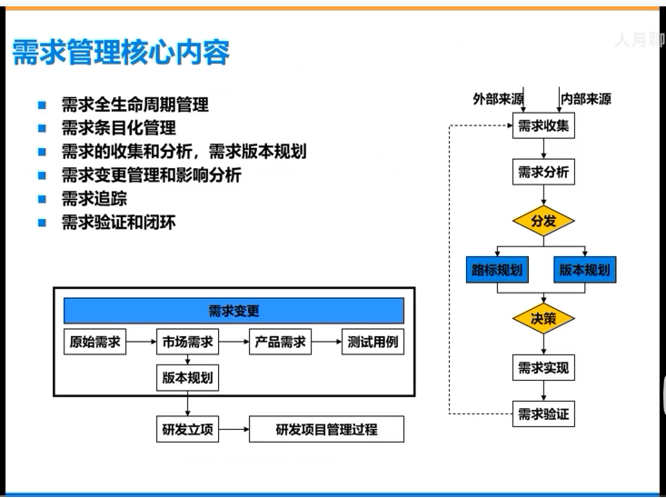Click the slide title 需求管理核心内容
[x=120, y=52]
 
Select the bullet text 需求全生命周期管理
[x=134, y=105]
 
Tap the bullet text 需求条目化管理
[x=118, y=128]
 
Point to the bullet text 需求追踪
[x=94, y=198]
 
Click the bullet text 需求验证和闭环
[x=118, y=222]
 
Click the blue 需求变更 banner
[x=234, y=311]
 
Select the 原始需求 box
[x=94, y=343]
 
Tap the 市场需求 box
[x=188, y=343]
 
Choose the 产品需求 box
[x=281, y=343]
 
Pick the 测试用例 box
[x=373, y=343]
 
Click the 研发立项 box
[x=188, y=429]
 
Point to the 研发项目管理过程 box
[x=326, y=429]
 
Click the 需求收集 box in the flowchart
[x=543, y=126]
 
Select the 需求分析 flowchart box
[x=543, y=171]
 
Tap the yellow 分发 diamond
[x=543, y=221]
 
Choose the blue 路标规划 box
[x=497, y=270]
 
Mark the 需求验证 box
[x=543, y=414]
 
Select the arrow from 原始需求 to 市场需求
[x=139, y=343]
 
